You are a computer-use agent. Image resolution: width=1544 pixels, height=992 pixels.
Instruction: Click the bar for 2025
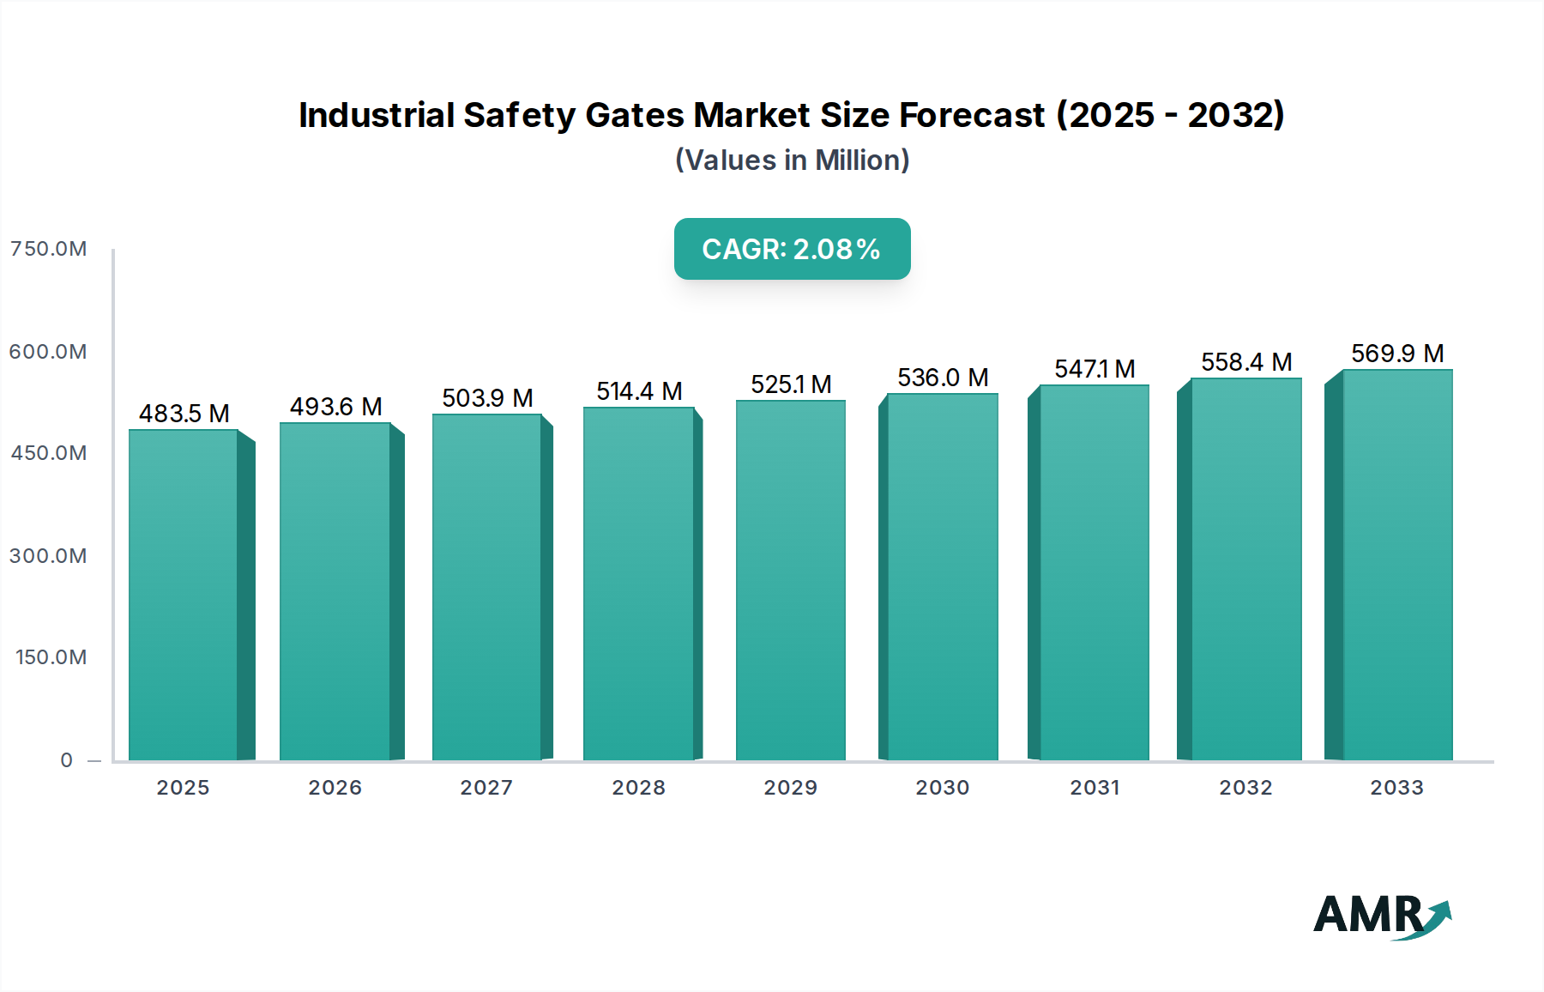point(184,595)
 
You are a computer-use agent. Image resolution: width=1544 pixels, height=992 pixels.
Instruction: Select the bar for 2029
point(790,580)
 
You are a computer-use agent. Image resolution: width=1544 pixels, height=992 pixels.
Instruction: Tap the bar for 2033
point(1397,565)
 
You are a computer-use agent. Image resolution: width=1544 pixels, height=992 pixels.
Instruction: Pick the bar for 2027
point(486,587)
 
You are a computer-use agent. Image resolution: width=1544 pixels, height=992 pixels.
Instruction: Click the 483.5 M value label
point(184,414)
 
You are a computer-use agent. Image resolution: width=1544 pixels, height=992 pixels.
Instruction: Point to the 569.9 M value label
point(1397,354)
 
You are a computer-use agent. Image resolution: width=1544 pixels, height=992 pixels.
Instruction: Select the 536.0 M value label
point(943,378)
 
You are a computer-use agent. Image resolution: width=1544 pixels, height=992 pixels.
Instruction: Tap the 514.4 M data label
point(639,391)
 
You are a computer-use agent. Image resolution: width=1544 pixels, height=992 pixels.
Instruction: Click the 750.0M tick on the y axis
point(48,249)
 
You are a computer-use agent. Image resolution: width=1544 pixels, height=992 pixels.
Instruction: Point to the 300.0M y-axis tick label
point(48,556)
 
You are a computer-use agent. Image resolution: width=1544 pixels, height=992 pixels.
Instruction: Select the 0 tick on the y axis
point(67,760)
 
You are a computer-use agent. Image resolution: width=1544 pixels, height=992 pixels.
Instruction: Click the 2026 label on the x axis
point(335,788)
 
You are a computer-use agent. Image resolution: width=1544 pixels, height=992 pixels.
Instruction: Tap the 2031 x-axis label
point(1095,788)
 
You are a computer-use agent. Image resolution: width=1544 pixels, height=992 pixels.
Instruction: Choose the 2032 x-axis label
point(1245,788)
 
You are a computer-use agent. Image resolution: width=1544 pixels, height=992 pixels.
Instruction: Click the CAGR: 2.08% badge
point(792,249)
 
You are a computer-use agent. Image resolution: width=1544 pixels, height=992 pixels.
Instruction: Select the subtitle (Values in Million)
point(792,160)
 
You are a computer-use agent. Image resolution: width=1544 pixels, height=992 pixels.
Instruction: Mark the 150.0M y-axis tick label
point(51,657)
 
